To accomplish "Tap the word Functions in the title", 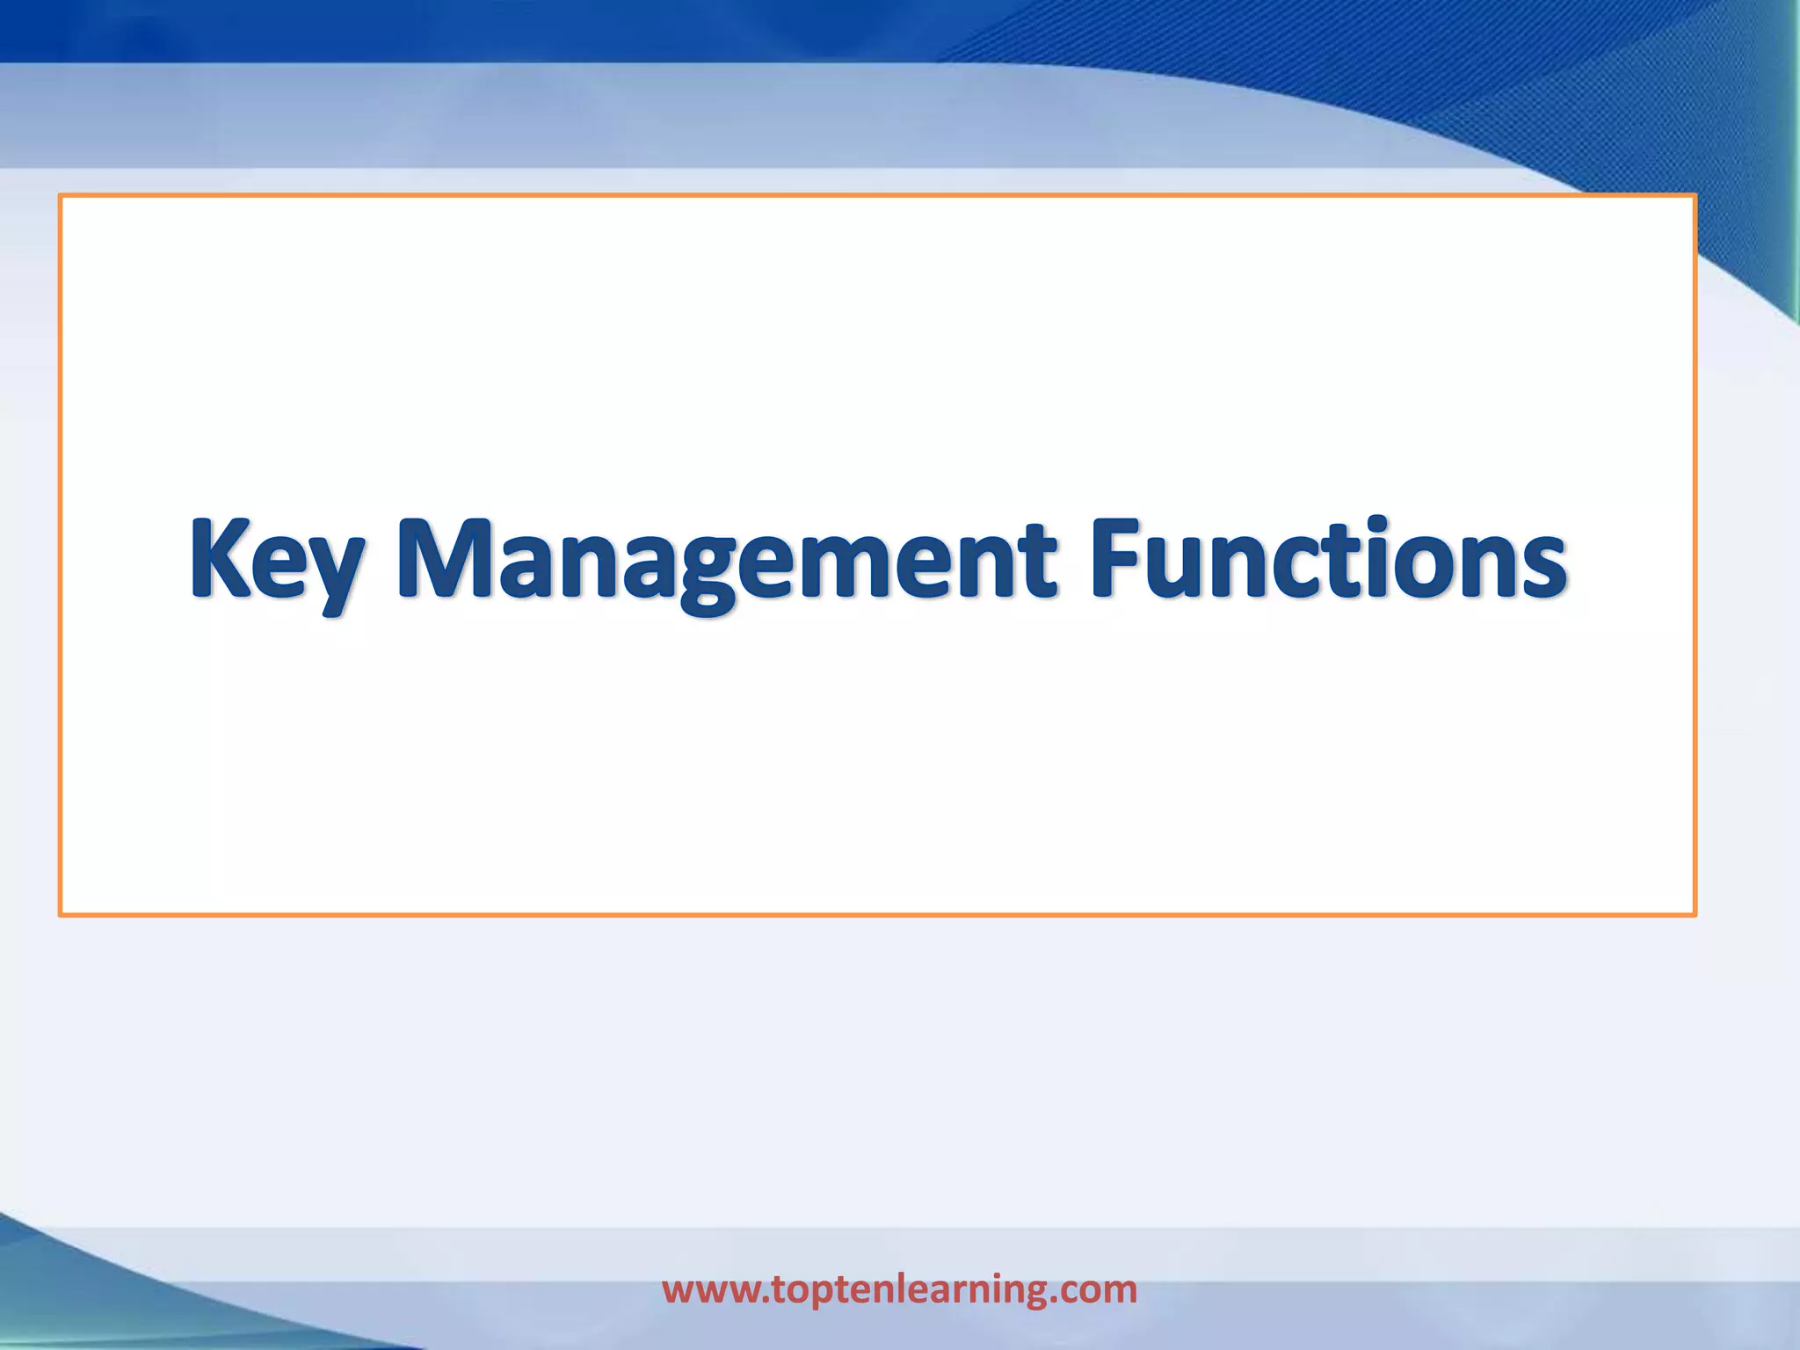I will (x=1328, y=559).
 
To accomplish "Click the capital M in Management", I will (x=449, y=557).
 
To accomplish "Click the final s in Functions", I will (x=1542, y=567).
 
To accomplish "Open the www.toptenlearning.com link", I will (x=899, y=1289).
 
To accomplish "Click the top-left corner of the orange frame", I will (x=61, y=196).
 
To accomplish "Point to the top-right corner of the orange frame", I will (x=1694, y=196).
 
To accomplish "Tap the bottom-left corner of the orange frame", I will (x=61, y=914).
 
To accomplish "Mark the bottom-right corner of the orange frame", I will (x=1694, y=914).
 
